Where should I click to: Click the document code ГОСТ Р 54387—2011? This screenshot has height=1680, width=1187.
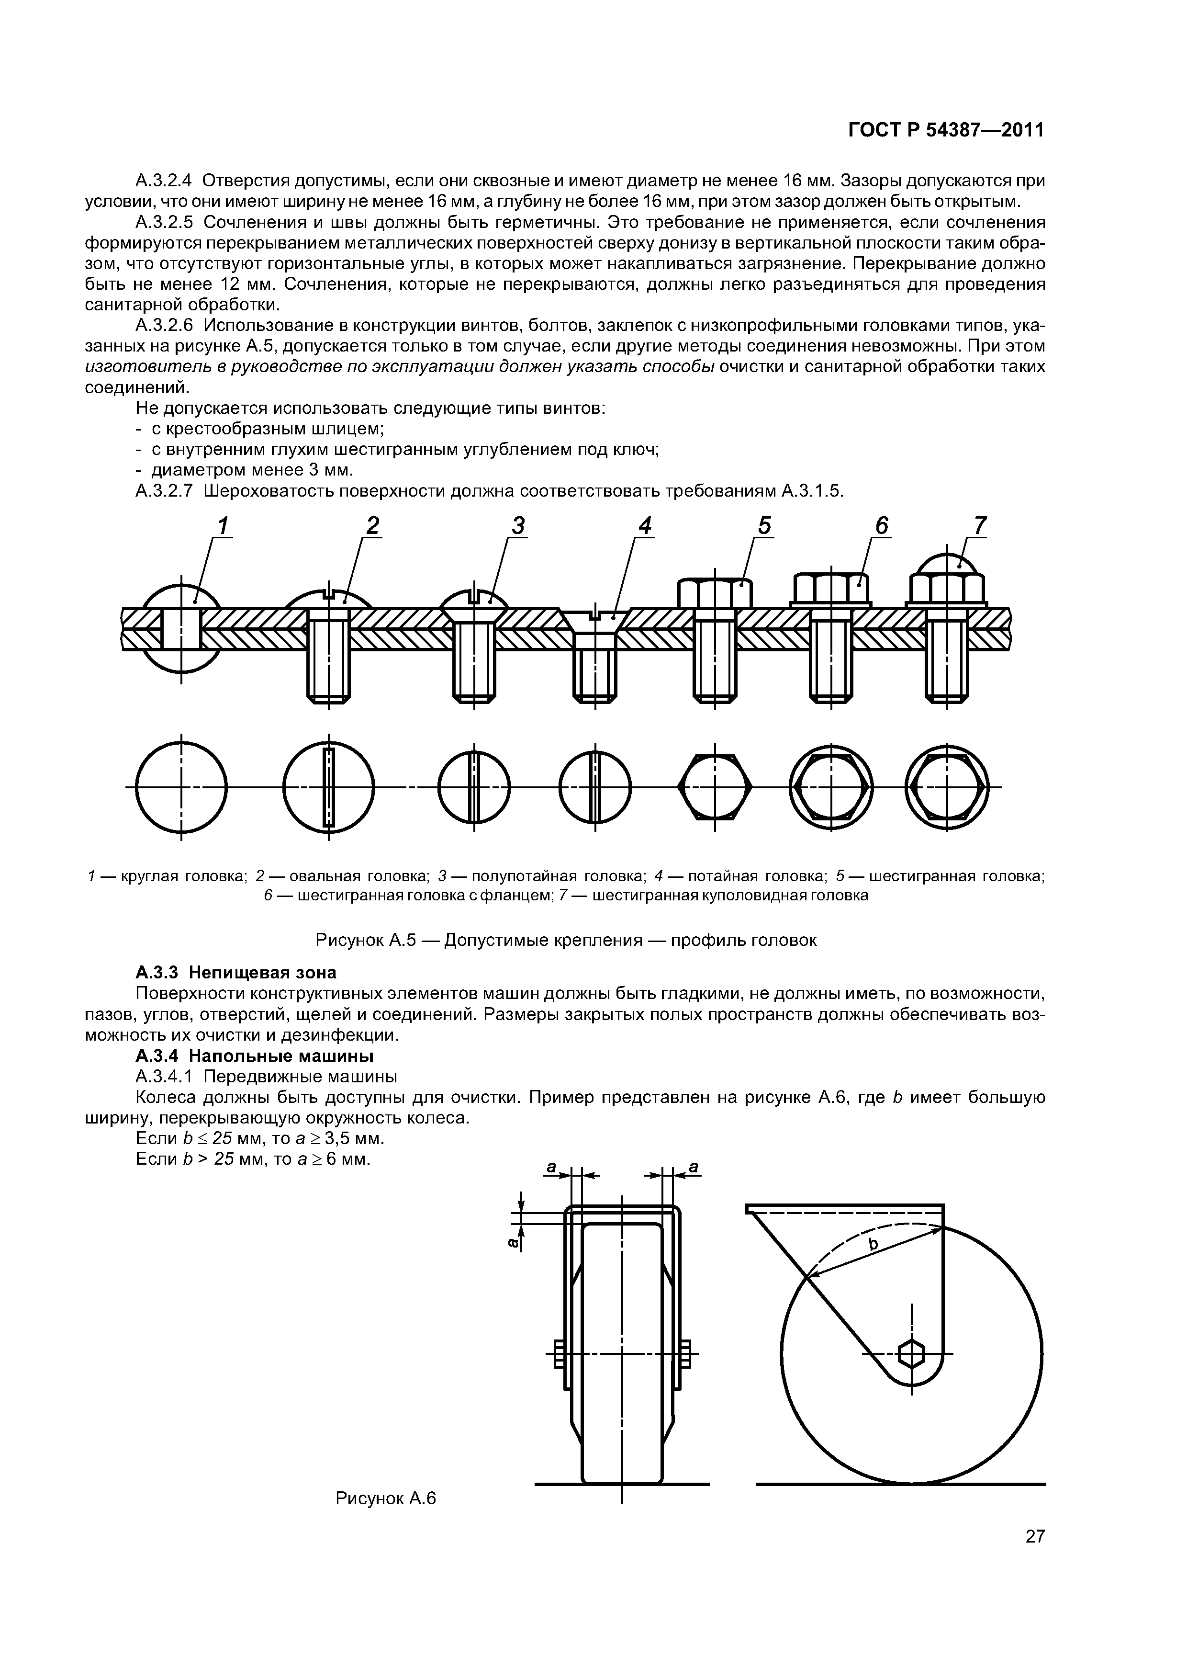946,130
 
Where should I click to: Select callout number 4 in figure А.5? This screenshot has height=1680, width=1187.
644,525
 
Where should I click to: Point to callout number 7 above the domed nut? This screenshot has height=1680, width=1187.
980,525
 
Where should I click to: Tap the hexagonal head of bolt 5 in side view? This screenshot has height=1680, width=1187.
715,593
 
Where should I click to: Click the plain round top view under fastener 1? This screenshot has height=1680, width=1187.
181,787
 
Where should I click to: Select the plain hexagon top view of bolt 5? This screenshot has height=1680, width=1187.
715,787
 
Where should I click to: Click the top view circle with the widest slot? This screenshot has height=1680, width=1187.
328,787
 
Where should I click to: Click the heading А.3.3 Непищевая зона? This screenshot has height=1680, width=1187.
235,973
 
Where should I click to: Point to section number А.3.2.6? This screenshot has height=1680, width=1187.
165,325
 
